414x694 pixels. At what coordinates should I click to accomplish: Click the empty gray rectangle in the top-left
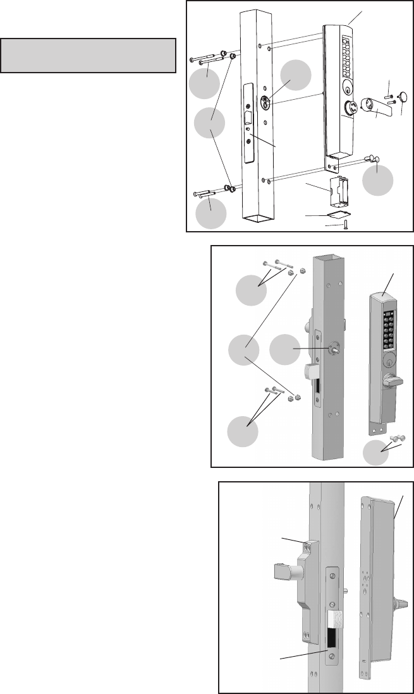click(88, 56)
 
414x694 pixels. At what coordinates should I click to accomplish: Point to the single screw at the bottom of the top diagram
click(345, 225)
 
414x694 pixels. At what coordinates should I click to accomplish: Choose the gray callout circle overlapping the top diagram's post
click(296, 76)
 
